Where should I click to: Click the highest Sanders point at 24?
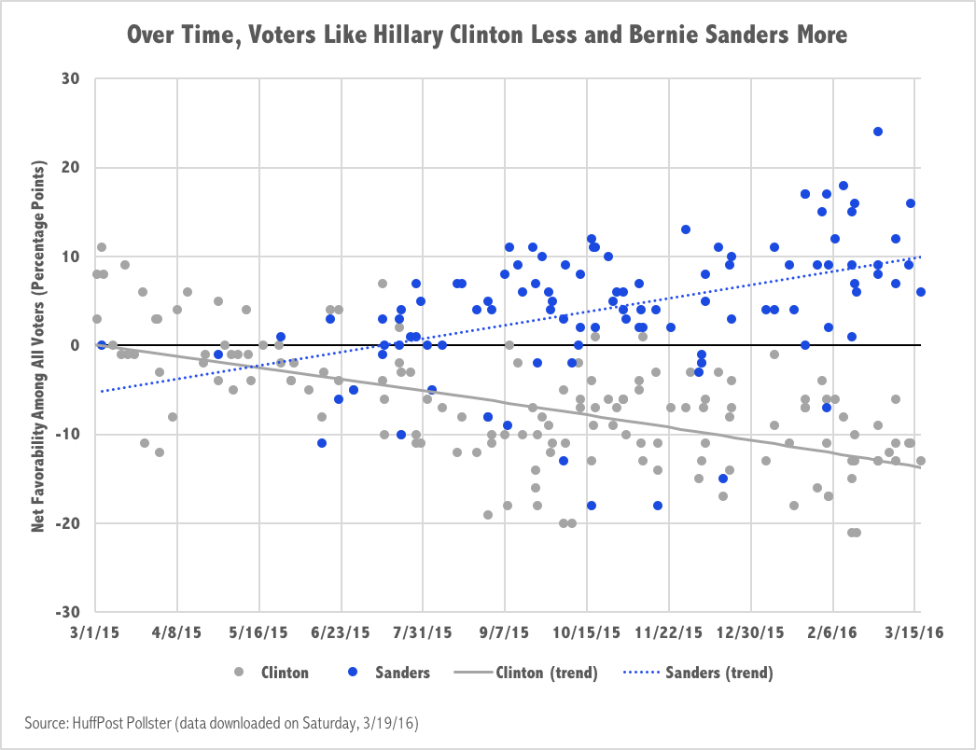[877, 132]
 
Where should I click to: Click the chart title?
[487, 36]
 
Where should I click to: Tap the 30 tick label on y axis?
[68, 79]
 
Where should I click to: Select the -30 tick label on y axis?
[66, 612]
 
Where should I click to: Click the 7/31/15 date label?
[423, 632]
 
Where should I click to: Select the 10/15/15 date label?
[586, 632]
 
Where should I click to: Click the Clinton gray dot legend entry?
[272, 672]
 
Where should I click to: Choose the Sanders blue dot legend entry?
[390, 672]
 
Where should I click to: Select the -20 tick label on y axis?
[66, 523]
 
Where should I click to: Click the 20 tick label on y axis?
[68, 168]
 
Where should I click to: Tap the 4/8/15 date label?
[178, 632]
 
